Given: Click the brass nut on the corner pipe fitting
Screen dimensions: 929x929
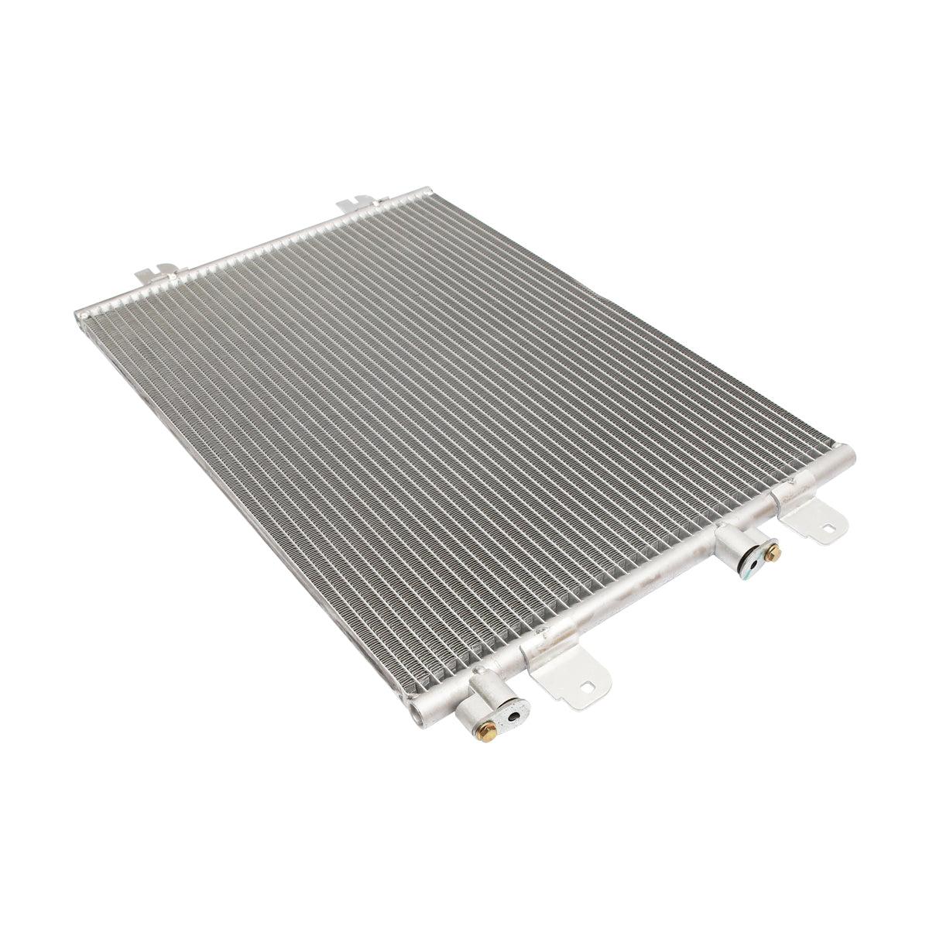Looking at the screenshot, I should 486,732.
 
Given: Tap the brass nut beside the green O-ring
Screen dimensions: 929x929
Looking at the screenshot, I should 772,553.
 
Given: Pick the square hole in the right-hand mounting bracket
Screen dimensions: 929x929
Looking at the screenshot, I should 828,531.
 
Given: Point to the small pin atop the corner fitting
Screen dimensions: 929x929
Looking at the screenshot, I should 479,670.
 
